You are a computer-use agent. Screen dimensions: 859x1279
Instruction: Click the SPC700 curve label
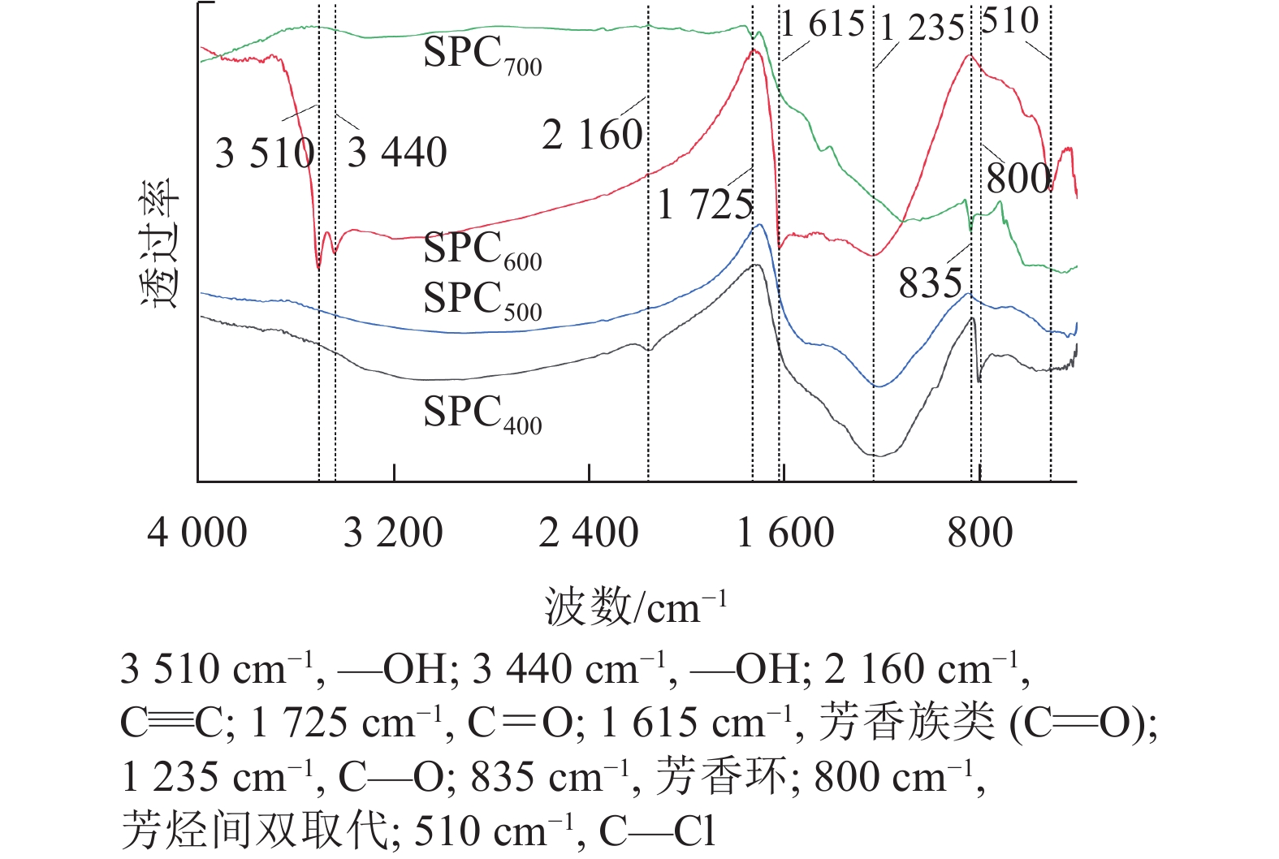click(x=482, y=55)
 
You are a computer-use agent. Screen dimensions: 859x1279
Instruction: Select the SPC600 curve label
click(x=482, y=250)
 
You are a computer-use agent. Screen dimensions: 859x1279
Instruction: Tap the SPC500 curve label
click(x=482, y=300)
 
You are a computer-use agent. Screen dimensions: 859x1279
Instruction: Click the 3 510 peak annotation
click(x=265, y=153)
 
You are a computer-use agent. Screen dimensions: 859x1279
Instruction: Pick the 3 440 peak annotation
click(x=397, y=153)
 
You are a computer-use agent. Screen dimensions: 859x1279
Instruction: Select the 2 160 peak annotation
click(x=592, y=135)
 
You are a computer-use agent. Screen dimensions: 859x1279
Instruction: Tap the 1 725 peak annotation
click(x=705, y=204)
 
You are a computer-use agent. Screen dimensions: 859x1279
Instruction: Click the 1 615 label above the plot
click(x=823, y=24)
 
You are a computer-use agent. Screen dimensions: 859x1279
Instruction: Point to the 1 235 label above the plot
click(x=922, y=28)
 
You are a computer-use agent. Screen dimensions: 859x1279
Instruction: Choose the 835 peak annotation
click(x=930, y=283)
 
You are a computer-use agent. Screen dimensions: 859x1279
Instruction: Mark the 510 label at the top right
click(x=1009, y=20)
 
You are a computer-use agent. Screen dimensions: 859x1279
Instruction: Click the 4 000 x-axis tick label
click(x=197, y=533)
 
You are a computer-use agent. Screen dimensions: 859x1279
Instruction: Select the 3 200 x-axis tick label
click(x=393, y=533)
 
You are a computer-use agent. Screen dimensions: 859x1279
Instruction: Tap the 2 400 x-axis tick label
click(x=589, y=533)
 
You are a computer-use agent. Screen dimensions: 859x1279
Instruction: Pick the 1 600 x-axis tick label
click(x=785, y=533)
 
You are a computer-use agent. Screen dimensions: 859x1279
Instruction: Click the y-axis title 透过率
click(x=159, y=243)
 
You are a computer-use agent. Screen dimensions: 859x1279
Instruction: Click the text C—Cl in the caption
click(x=657, y=831)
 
